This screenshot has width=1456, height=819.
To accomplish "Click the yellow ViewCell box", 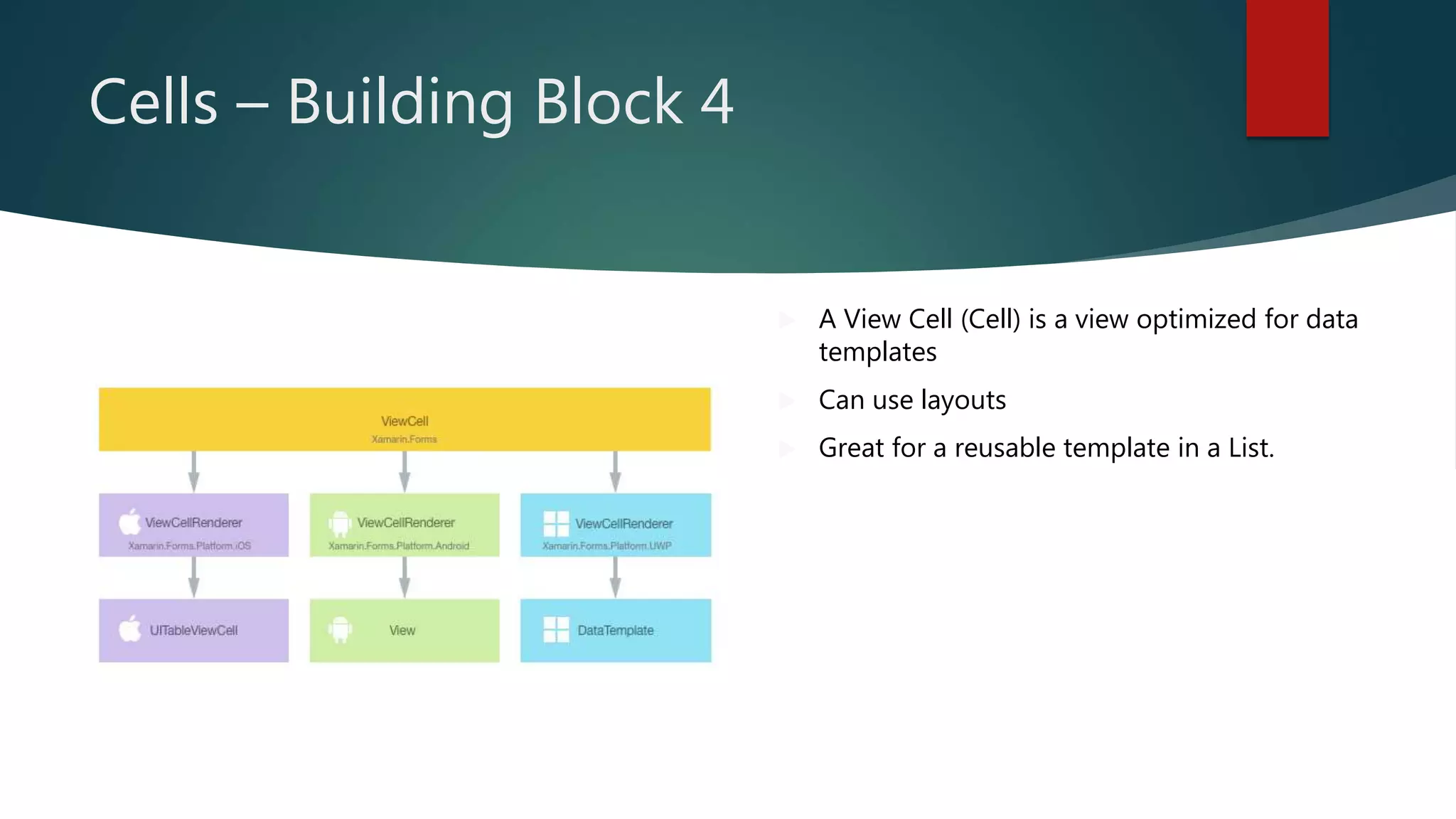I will click(x=404, y=419).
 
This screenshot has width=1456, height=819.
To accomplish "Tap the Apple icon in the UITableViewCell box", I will click(x=130, y=629).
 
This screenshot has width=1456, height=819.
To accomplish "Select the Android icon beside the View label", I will click(x=341, y=630).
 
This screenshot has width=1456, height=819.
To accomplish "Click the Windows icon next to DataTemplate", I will click(x=556, y=630).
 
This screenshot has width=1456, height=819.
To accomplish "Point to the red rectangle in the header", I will click(x=1287, y=68).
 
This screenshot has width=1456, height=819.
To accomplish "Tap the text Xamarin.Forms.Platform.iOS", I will click(x=189, y=546).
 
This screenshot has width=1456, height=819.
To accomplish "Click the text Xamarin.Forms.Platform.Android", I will click(x=398, y=546).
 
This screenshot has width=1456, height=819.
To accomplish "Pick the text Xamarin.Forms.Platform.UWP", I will click(x=606, y=546).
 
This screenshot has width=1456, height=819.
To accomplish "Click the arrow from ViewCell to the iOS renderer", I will click(x=193, y=471).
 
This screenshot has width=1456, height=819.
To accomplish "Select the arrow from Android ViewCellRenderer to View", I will click(x=405, y=577).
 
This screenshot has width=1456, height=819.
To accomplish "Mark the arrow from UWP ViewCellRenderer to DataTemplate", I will click(x=616, y=577).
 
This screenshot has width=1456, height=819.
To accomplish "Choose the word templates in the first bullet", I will click(x=877, y=353).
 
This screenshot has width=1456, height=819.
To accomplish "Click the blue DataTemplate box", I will click(x=616, y=631).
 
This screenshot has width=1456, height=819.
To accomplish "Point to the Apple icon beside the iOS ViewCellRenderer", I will click(x=130, y=523).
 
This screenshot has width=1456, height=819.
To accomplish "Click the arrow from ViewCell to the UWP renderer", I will click(x=616, y=471).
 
